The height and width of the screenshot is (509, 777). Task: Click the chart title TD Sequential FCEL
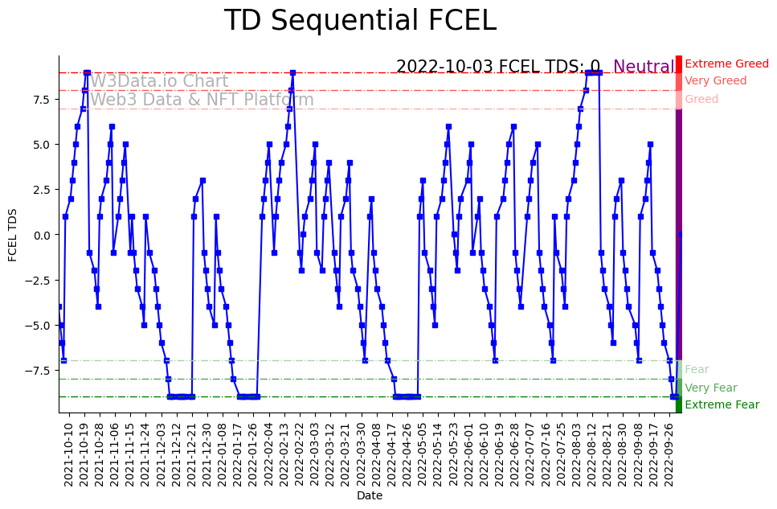360,21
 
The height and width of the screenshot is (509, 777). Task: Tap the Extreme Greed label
726,64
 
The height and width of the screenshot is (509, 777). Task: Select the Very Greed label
715,80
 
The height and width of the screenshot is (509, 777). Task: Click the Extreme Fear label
722,404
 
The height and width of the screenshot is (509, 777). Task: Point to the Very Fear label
710,388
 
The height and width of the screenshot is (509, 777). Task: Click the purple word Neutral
644,67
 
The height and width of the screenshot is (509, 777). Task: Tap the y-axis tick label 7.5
40,100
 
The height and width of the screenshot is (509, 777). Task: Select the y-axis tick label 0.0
40,235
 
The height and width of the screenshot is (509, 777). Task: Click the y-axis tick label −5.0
38,326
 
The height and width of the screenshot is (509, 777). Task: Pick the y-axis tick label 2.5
40,190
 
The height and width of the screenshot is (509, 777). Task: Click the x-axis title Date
370,496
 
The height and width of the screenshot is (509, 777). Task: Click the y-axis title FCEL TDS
13,234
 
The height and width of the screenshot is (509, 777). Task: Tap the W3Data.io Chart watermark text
159,81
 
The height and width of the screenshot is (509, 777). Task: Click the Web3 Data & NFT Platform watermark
202,100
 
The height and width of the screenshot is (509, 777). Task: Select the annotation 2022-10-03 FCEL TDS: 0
498,67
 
